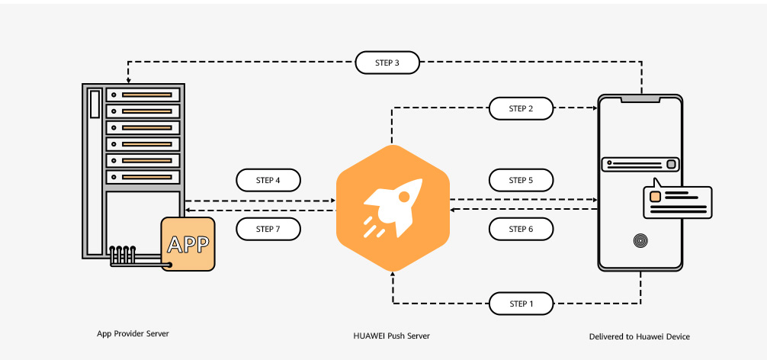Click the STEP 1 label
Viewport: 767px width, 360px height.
521,304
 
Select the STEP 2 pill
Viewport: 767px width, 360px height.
521,109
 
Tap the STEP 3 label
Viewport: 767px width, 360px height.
387,63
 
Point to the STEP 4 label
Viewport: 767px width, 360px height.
268,181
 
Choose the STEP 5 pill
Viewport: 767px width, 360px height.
521,181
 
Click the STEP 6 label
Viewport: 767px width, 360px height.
521,228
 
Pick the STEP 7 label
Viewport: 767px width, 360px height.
268,228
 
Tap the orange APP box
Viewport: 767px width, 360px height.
188,244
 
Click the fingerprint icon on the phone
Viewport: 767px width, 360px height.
640,242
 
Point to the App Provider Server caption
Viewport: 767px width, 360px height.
133,334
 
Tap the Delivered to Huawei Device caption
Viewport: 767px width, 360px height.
640,336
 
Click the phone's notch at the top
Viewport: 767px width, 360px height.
640,98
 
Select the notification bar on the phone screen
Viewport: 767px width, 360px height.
640,164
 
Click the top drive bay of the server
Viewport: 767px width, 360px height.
143,95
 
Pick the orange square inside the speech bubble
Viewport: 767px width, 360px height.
654,197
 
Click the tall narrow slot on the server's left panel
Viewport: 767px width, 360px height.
95,103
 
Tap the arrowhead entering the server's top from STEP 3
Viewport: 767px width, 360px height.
128,79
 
